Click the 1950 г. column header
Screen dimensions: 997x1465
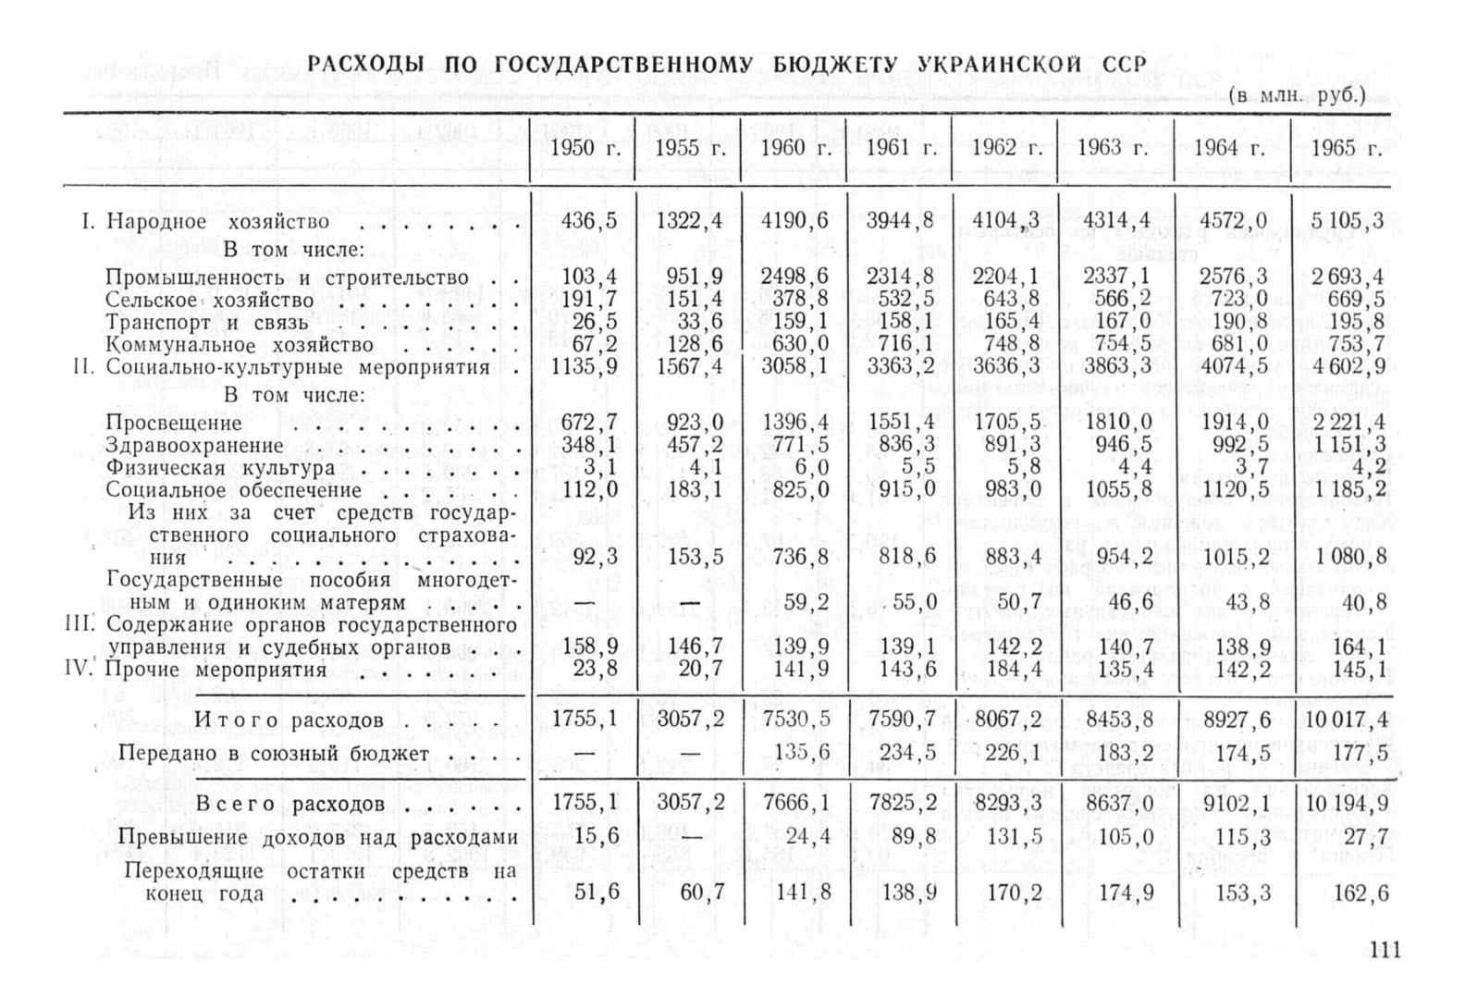tap(585, 148)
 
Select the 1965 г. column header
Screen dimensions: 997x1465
tap(1347, 148)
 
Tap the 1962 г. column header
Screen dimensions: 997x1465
tap(1007, 148)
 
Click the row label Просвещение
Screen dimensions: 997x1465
tap(174, 423)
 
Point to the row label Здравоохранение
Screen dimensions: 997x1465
tap(194, 446)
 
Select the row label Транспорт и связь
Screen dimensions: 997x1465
tap(206, 323)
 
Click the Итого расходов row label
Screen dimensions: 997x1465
tap(289, 720)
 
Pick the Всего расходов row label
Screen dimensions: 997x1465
tap(289, 804)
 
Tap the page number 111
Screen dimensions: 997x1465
tap(1385, 950)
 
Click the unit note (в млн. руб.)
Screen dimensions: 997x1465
tap(1298, 95)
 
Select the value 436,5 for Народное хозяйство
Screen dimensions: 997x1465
tap(589, 221)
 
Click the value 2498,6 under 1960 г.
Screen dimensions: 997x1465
tap(795, 277)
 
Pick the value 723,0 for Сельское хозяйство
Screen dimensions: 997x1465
tap(1234, 299)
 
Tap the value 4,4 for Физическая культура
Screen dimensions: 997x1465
tap(1135, 468)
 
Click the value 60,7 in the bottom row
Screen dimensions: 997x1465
tap(702, 892)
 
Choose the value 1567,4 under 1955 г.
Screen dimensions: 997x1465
tap(689, 366)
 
